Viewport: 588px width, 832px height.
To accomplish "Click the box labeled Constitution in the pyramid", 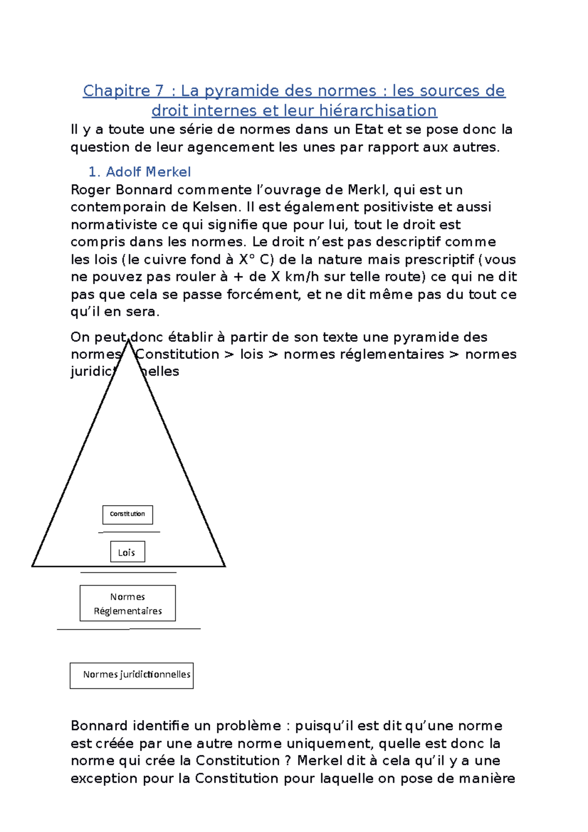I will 127,514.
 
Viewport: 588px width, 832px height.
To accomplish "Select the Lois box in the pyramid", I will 127,552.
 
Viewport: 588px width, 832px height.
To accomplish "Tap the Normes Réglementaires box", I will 127,604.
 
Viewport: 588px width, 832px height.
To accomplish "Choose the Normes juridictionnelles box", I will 131,676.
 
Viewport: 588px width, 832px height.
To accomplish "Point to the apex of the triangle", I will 128,341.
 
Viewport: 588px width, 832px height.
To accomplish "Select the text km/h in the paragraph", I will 302,277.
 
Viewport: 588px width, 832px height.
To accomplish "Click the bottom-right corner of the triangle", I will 225,566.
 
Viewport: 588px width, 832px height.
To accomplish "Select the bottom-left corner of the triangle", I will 32,566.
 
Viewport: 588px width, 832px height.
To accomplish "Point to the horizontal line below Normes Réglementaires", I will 128,629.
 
